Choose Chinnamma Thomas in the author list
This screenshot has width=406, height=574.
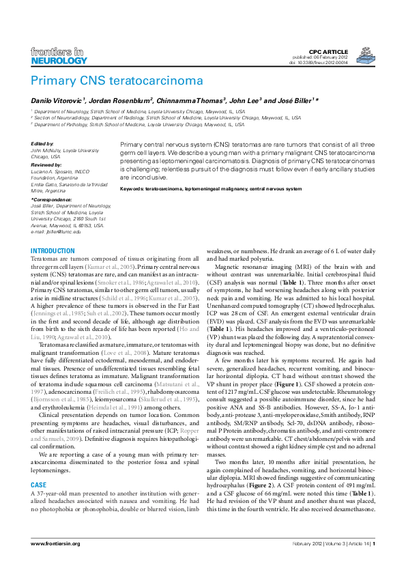186,100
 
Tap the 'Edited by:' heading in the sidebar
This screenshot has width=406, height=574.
42,144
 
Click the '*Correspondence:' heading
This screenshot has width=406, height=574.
52,199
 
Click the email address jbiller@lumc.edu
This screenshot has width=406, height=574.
61,231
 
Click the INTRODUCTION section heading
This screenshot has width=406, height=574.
53,251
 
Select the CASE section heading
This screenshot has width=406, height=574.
38,465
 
